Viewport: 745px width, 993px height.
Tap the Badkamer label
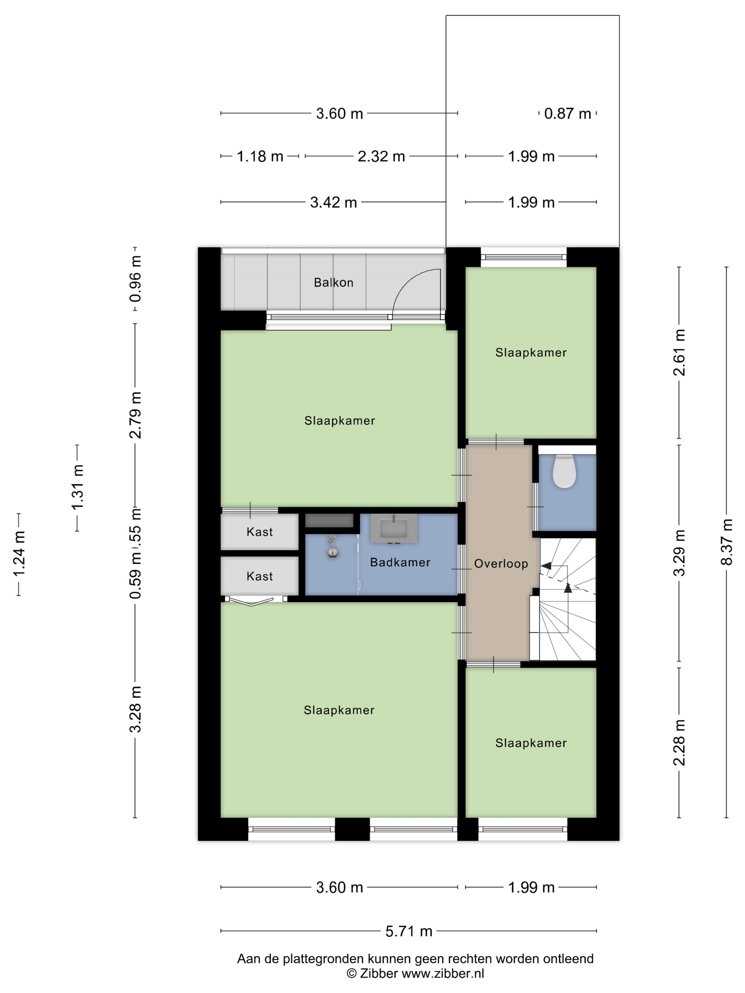[400, 562]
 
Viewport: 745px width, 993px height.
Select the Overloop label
[501, 564]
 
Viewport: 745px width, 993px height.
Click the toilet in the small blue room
[564, 471]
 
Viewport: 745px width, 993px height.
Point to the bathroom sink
[393, 528]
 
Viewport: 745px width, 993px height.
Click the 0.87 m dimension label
[567, 113]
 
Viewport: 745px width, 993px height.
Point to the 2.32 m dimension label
[381, 156]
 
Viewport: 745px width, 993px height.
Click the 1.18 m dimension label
[260, 156]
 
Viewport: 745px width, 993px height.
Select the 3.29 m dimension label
[679, 553]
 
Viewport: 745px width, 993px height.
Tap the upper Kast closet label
[260, 532]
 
